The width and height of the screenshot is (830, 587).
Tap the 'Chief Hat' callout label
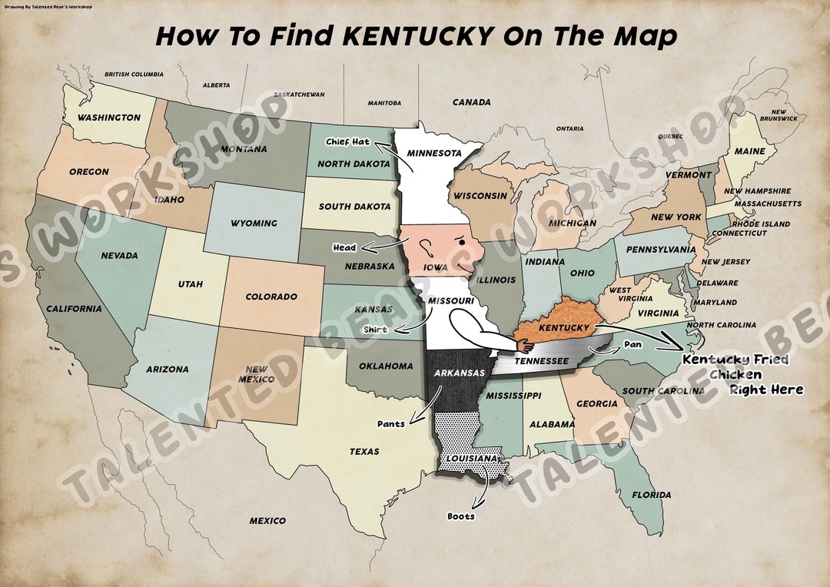click(347, 141)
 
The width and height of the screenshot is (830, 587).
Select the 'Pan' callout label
click(632, 344)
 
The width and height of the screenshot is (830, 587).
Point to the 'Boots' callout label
click(461, 516)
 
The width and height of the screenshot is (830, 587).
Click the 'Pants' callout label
click(390, 423)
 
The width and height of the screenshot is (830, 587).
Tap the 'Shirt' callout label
click(375, 330)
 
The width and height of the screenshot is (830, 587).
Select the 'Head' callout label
click(344, 247)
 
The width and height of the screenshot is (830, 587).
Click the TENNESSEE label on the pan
click(541, 361)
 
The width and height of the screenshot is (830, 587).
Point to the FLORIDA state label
click(651, 495)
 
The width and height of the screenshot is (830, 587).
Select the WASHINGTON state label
click(108, 118)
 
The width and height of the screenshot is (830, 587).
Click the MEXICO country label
click(267, 521)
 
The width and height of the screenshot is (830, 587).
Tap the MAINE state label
click(749, 151)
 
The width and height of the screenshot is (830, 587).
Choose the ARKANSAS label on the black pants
click(459, 373)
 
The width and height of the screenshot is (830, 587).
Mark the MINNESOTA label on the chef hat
click(434, 152)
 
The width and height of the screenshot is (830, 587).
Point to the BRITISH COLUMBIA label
click(134, 75)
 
